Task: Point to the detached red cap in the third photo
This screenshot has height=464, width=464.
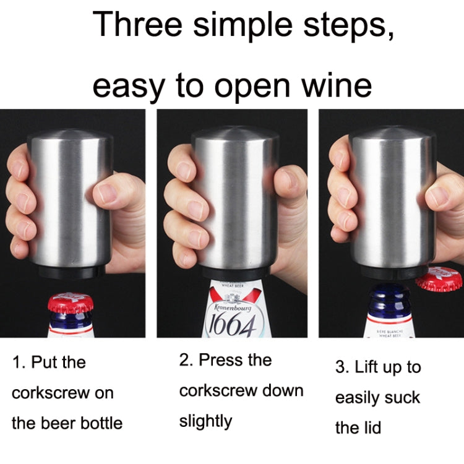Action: click(x=439, y=278)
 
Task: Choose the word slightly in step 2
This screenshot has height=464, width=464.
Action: click(x=205, y=421)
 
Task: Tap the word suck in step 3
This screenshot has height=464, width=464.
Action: click(x=400, y=398)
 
